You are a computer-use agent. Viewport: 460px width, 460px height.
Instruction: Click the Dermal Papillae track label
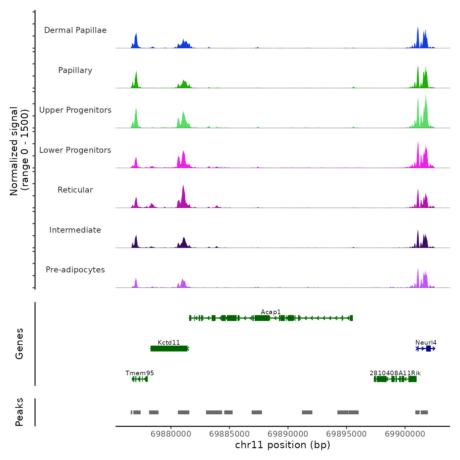pyautogui.click(x=75, y=30)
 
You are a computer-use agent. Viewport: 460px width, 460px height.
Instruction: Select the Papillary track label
pyautogui.click(x=75, y=70)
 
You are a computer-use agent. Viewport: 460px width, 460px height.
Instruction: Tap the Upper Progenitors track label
pyautogui.click(x=75, y=110)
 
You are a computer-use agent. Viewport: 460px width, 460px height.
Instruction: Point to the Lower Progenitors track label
pyautogui.click(x=75, y=150)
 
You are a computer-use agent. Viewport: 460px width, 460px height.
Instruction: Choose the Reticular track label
pyautogui.click(x=75, y=190)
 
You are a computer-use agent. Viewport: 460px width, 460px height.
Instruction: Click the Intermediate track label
pyautogui.click(x=75, y=230)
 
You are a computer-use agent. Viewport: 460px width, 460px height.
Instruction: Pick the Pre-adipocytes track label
pyautogui.click(x=75, y=270)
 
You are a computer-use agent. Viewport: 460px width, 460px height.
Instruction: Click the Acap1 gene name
pyautogui.click(x=271, y=312)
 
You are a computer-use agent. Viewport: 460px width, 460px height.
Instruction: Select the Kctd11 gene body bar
pyautogui.click(x=169, y=349)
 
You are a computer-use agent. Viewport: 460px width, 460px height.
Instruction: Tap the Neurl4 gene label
pyautogui.click(x=426, y=343)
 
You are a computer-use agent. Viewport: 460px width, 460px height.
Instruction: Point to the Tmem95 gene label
pyautogui.click(x=140, y=373)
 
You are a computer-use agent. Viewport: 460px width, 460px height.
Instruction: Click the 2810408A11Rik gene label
pyautogui.click(x=395, y=373)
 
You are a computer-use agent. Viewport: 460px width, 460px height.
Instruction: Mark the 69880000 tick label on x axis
pyautogui.click(x=171, y=434)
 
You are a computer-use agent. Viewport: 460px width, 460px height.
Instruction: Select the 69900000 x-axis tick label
pyautogui.click(x=405, y=434)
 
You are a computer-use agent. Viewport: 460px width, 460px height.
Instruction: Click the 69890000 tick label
pyautogui.click(x=288, y=434)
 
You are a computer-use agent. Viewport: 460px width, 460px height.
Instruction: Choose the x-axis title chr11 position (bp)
pyautogui.click(x=283, y=445)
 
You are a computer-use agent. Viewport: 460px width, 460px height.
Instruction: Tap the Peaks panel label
pyautogui.click(x=19, y=412)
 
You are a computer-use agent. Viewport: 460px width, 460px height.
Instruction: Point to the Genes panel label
pyautogui.click(x=19, y=344)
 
